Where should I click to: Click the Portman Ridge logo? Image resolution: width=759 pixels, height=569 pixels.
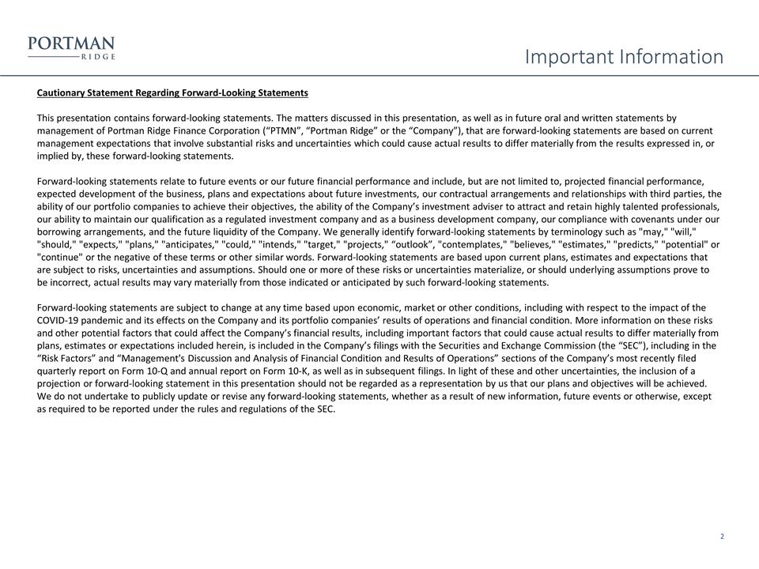[72, 48]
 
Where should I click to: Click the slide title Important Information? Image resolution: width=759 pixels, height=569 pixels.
[624, 57]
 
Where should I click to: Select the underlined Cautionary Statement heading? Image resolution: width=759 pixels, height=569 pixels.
[172, 93]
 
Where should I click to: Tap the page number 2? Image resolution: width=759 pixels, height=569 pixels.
[722, 537]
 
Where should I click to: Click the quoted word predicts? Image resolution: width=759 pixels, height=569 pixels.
[637, 244]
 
